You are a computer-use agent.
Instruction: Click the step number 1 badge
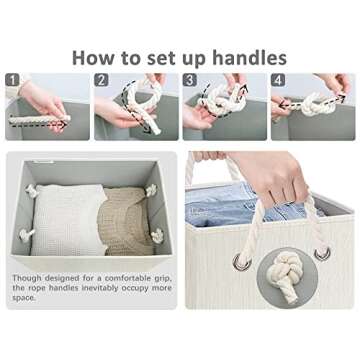[13, 80]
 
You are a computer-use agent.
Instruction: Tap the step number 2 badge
[101, 80]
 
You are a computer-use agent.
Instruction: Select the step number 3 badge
[190, 80]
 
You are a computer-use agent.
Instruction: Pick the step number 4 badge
[278, 80]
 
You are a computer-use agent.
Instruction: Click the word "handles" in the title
[249, 58]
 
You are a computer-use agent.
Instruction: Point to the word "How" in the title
[93, 58]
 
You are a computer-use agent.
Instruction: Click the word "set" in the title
[162, 58]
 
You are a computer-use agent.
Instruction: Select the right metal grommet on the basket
[322, 254]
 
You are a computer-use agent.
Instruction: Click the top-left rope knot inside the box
[31, 190]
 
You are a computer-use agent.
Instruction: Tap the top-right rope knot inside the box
[151, 190]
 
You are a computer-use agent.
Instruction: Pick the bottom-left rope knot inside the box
[26, 235]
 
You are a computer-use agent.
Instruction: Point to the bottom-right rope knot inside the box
[157, 235]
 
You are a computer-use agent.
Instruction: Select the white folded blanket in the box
[68, 220]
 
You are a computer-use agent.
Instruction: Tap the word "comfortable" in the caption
[127, 278]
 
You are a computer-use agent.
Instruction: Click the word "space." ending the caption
[24, 298]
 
